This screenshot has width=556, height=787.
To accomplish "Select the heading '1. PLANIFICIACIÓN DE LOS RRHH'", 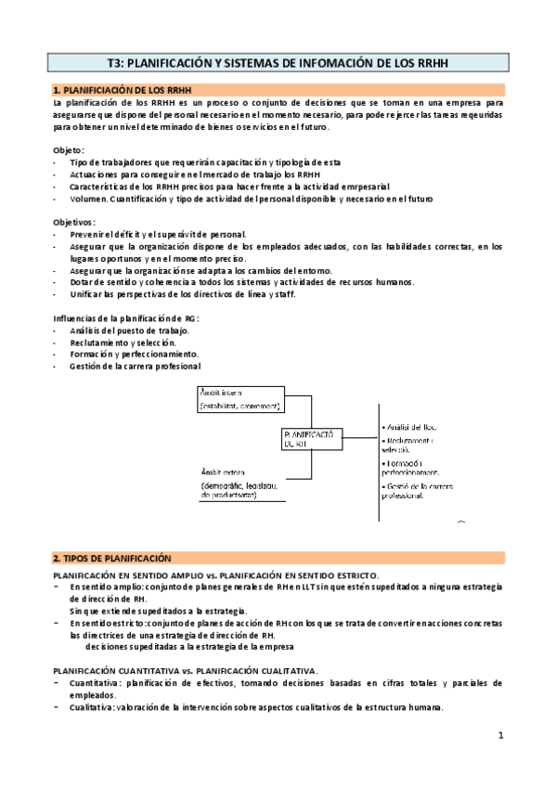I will click(116, 89).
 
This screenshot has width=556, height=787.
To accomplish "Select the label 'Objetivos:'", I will click(75, 222).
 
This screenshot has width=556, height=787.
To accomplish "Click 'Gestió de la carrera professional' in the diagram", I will click(422, 490).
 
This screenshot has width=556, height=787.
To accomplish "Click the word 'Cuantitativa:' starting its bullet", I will click(96, 682).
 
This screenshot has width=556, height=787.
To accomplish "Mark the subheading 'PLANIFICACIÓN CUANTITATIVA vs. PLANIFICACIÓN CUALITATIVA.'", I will click(186, 669).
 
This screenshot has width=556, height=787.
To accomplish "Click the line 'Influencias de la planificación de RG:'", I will click(126, 318).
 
